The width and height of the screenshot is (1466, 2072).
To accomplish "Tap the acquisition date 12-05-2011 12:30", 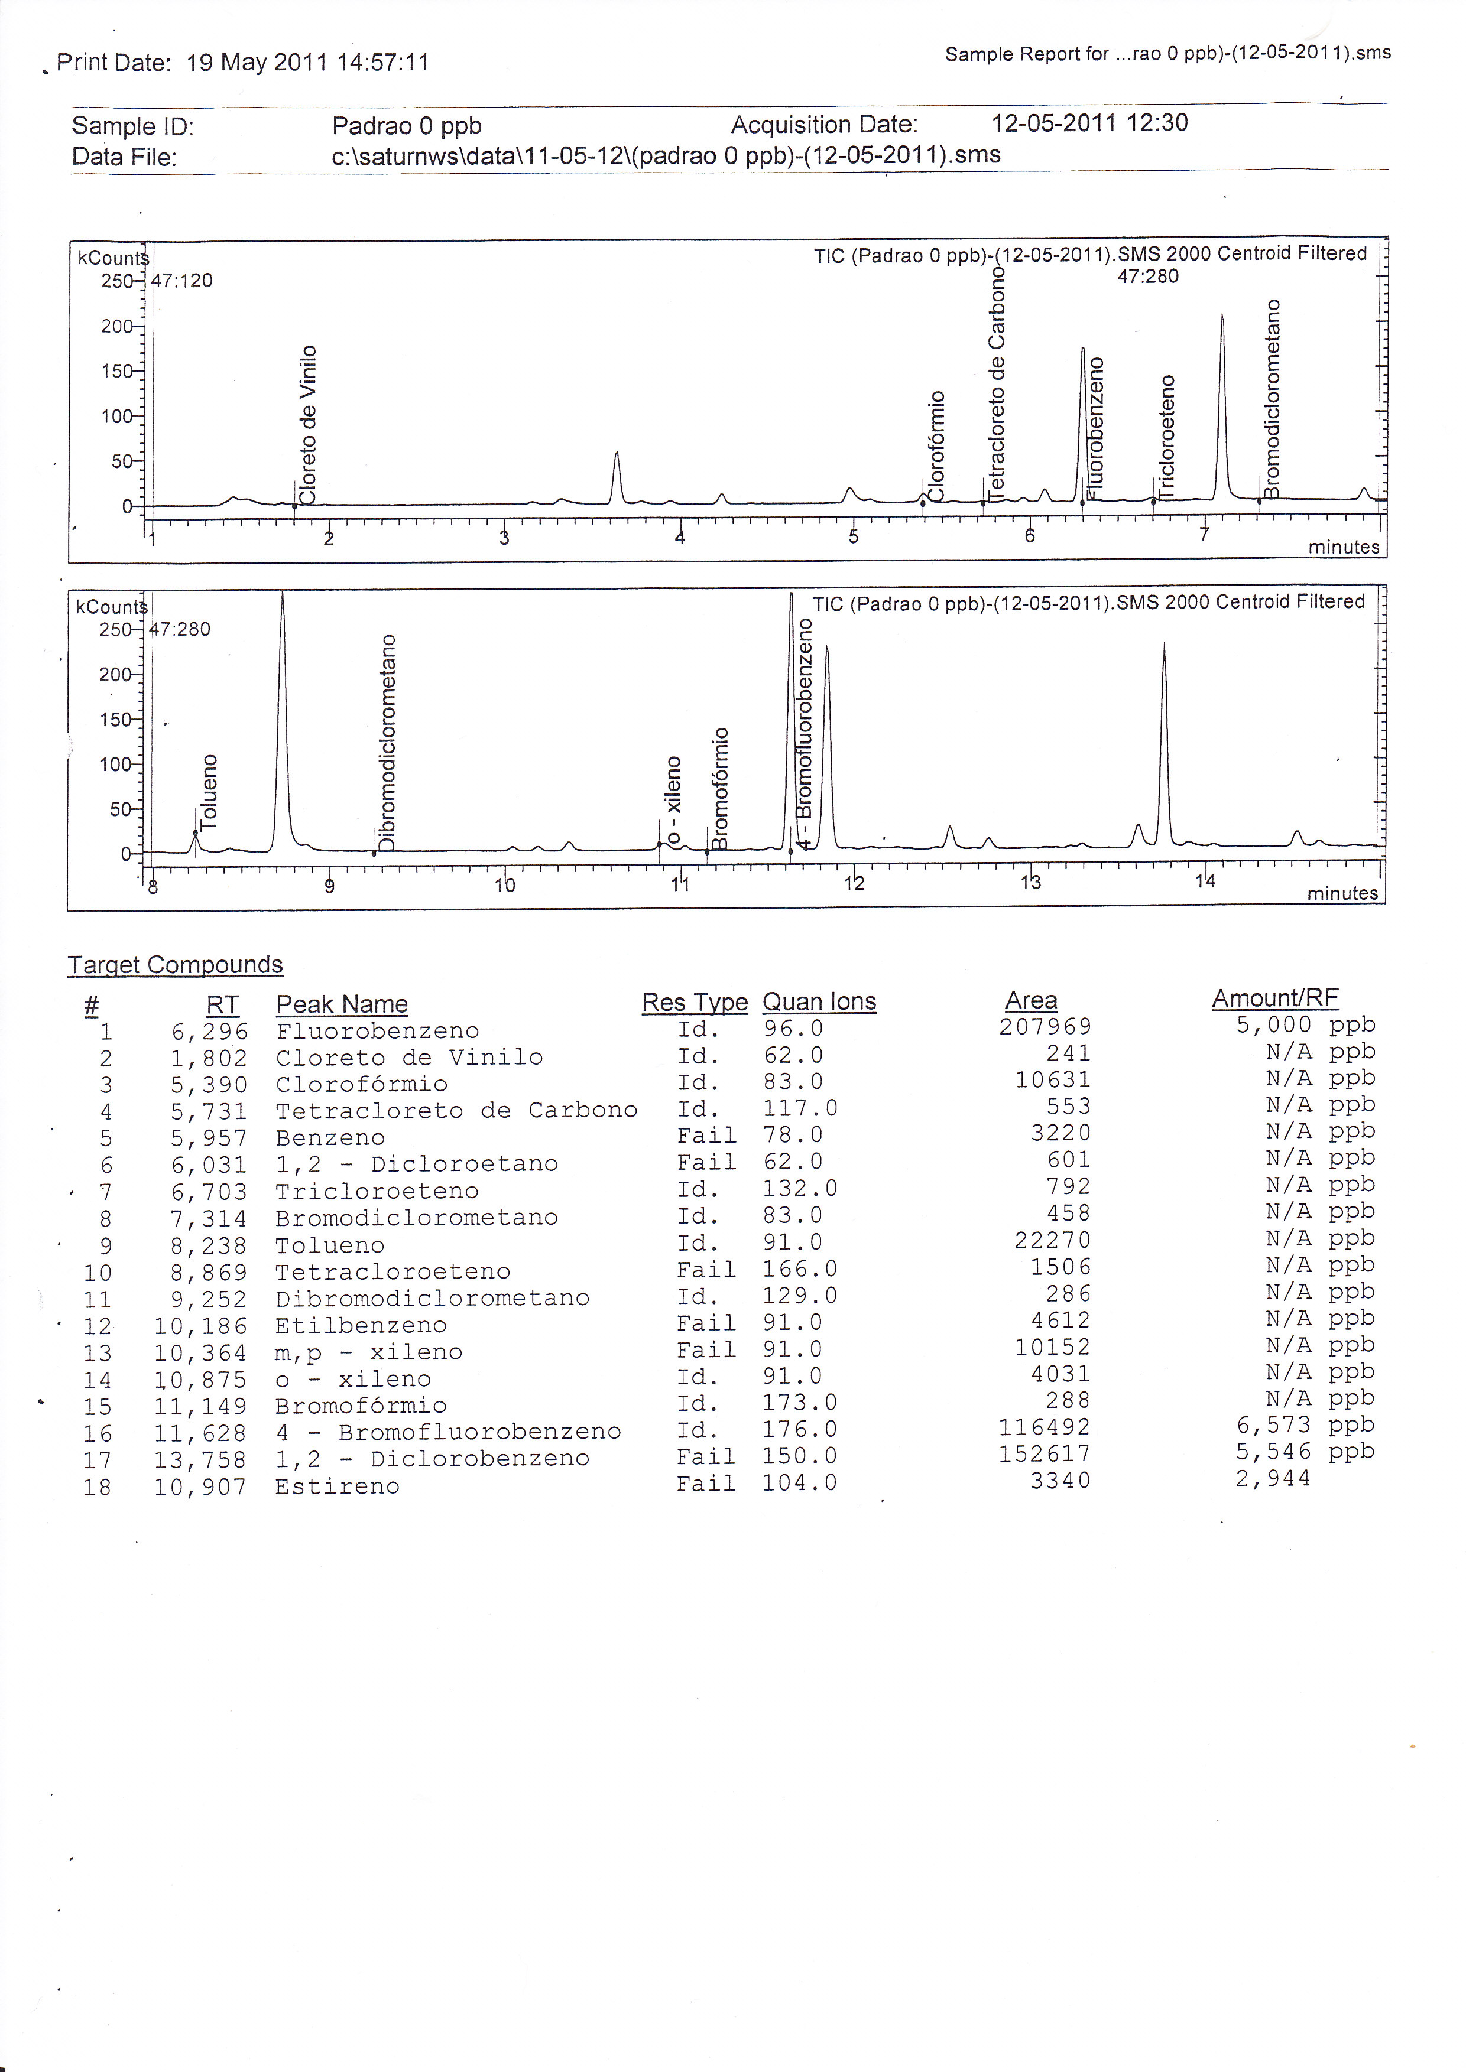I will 1089,123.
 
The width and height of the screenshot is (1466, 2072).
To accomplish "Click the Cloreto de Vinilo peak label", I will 309,424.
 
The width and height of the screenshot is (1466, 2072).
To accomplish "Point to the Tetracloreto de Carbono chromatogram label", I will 997,383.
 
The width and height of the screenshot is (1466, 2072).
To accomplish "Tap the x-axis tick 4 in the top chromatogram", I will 680,538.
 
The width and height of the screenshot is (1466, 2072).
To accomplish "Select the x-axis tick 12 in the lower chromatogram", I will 854,883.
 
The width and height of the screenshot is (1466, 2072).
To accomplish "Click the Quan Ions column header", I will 819,1001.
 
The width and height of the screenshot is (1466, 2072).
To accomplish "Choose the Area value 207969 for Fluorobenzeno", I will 1045,1027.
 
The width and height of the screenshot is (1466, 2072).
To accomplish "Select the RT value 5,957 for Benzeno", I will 209,1138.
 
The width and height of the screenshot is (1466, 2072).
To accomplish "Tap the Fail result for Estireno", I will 706,1484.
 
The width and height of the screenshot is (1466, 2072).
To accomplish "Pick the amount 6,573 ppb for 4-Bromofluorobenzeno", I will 1305,1425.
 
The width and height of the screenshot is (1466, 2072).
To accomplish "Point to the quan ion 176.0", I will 800,1429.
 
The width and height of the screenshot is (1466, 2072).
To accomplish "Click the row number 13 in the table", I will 98,1353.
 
